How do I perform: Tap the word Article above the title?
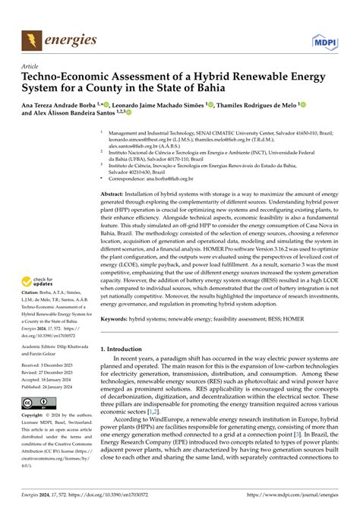pyautogui.click(x=30, y=66)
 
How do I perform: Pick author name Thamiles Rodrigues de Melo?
pyautogui.click(x=248, y=107)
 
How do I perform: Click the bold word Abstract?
pyautogui.click(x=117, y=194)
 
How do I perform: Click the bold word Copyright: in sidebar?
pyautogui.click(x=35, y=417)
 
